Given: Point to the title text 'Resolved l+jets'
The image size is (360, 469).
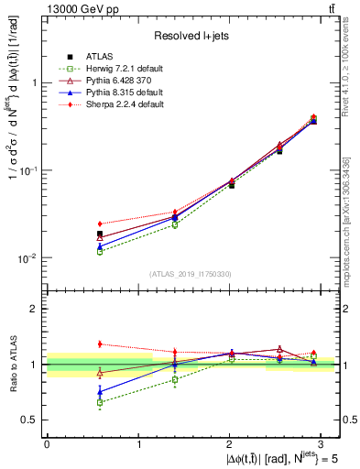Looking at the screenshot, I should (191, 35).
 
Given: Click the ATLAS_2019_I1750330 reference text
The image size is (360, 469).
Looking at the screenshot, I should (191, 274).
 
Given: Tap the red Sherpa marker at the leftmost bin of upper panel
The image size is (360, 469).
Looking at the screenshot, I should (100, 224).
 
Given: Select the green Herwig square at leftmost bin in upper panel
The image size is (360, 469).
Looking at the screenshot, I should (100, 251).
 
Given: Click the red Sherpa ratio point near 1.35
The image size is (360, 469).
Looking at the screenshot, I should (100, 344).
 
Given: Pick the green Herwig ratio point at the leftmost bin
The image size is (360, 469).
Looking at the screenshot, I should (100, 402).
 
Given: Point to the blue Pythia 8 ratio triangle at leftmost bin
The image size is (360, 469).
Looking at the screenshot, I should (100, 392).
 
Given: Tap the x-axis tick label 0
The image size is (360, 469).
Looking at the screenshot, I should (47, 442).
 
